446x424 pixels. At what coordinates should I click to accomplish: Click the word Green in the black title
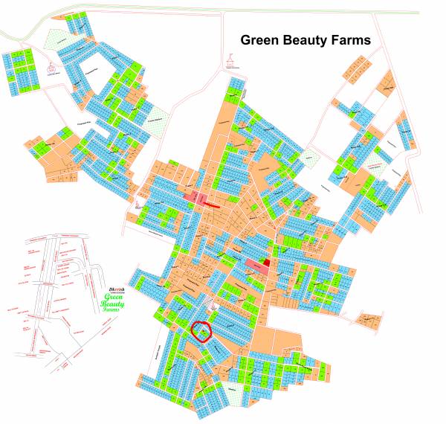(x=261, y=40)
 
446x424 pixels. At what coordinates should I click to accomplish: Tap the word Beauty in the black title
(x=308, y=40)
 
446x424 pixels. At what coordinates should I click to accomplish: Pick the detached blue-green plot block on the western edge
(x=18, y=71)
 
